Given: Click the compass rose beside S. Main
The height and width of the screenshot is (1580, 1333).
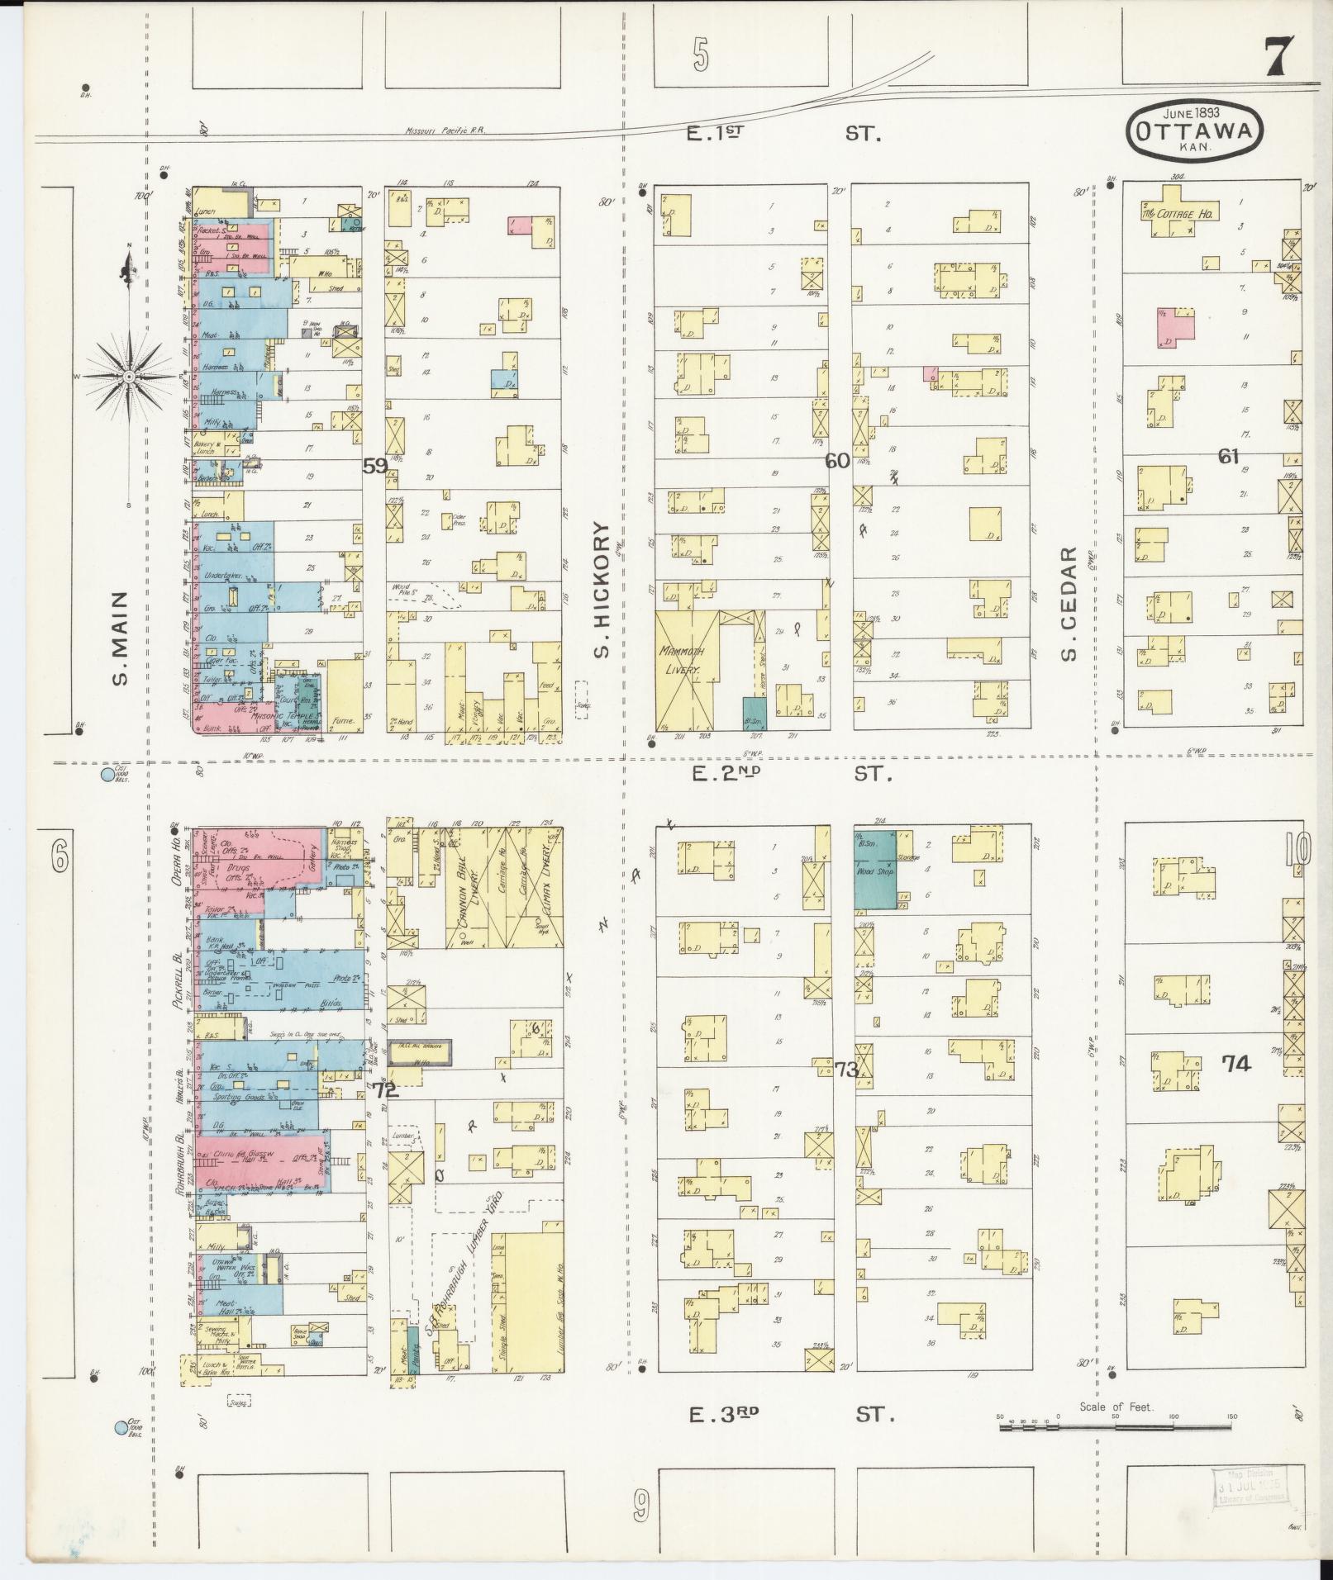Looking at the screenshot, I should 130,376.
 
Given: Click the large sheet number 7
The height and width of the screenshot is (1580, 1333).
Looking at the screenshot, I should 1279,59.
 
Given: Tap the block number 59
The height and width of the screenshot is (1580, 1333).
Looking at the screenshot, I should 374,466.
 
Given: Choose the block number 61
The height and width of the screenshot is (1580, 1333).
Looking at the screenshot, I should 1228,455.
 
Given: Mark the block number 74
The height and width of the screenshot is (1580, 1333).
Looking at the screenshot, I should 1236,1064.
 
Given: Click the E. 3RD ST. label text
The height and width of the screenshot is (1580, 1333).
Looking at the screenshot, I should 793,1414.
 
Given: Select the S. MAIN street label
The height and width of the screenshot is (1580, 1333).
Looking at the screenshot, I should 121,638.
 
